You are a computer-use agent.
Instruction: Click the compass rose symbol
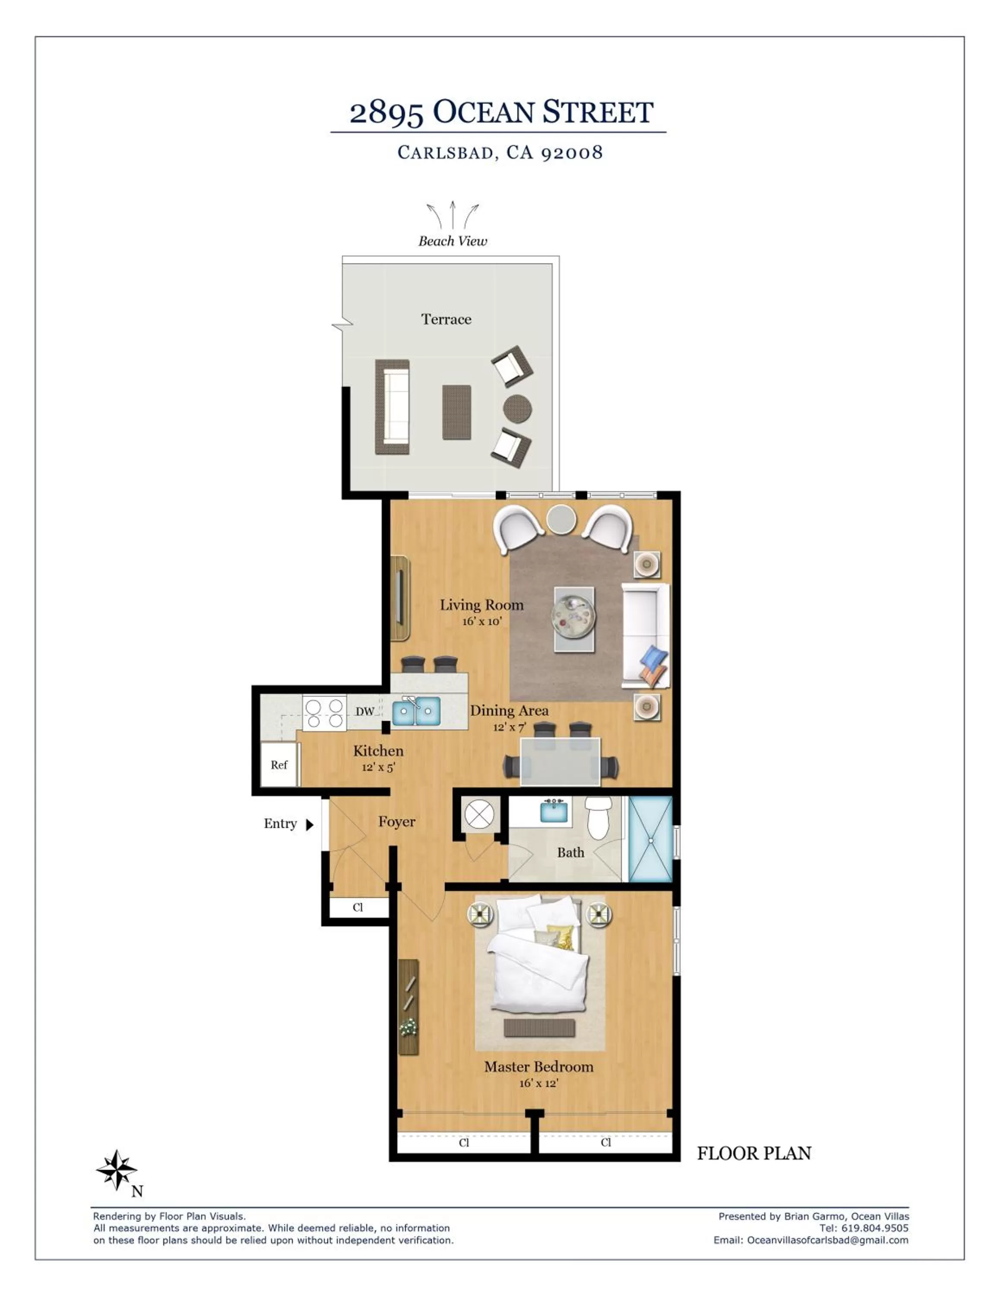click(117, 1170)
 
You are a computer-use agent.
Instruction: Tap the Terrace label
click(446, 319)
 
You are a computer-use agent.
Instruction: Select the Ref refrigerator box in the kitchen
click(279, 764)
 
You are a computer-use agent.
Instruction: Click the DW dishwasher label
click(365, 711)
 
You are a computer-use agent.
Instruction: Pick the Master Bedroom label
click(539, 1067)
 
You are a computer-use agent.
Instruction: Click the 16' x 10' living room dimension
click(482, 622)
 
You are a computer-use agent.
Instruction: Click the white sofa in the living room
click(646, 636)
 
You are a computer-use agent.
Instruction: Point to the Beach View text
click(453, 241)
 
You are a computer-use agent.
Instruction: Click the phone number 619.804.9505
click(875, 1228)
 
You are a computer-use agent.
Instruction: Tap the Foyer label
click(397, 822)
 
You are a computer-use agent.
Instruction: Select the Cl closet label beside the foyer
click(358, 907)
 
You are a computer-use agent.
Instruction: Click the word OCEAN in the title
click(484, 112)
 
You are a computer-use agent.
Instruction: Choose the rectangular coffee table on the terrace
click(456, 412)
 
